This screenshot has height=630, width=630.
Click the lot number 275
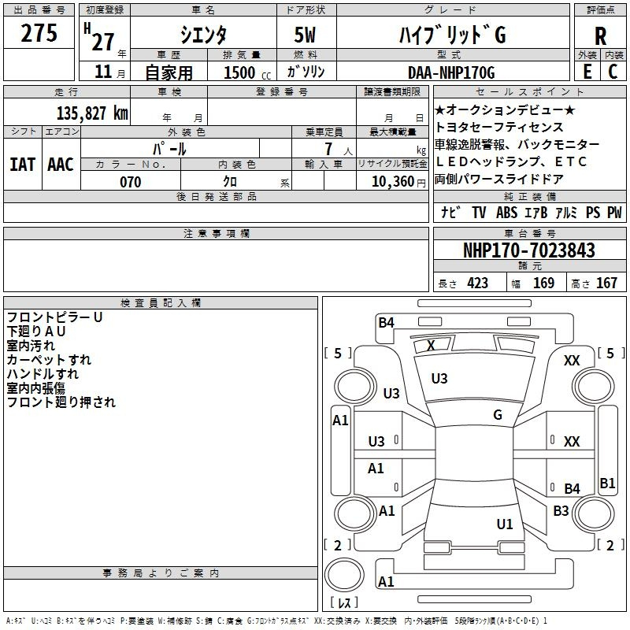tap(39, 34)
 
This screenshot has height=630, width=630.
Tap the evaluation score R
tap(600, 35)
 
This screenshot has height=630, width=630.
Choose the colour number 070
tap(130, 182)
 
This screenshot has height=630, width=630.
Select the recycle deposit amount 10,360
tap(391, 182)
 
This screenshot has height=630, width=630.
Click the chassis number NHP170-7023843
tap(529, 251)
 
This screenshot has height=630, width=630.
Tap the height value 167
tap(606, 283)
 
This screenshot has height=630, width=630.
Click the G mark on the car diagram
tap(498, 415)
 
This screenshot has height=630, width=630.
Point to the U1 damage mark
tap(505, 524)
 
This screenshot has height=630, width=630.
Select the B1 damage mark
tap(607, 484)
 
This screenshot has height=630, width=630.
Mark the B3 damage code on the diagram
tap(561, 511)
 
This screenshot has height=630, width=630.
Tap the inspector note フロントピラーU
tap(54, 317)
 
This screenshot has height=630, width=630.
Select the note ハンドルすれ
tap(43, 374)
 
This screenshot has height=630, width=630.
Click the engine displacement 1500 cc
tap(244, 73)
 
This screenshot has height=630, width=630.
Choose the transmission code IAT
tap(22, 165)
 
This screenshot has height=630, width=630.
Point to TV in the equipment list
tap(479, 213)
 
